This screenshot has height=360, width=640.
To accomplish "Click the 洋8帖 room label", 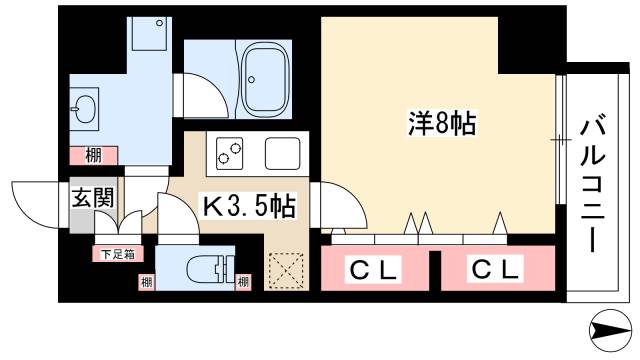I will tap(440, 125).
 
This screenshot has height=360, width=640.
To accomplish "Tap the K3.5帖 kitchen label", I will tap(249, 207).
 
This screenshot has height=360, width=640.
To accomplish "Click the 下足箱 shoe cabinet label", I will tap(113, 254).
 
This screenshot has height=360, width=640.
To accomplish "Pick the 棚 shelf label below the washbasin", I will tap(92, 155).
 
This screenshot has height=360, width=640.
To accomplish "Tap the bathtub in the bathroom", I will tap(266, 77).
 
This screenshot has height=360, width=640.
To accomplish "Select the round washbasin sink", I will tap(85, 108).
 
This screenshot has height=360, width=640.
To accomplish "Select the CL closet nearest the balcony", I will tap(496, 268).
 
